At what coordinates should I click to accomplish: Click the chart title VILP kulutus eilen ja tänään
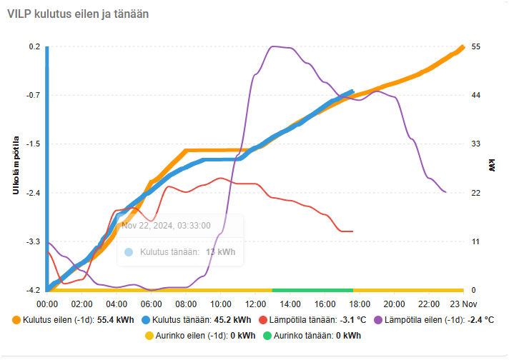pos(78,14)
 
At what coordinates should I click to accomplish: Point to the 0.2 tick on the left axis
pos(34,46)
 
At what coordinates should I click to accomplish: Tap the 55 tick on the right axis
pos(475,46)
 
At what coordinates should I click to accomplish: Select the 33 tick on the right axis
pos(475,144)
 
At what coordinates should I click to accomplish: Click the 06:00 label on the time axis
pos(151,304)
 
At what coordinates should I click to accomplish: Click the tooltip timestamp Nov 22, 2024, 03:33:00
pos(166,225)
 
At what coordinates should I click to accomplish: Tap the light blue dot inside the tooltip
pos(129,251)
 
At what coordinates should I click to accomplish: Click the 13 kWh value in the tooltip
pos(220,251)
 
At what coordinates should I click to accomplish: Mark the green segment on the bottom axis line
pos(312,290)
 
